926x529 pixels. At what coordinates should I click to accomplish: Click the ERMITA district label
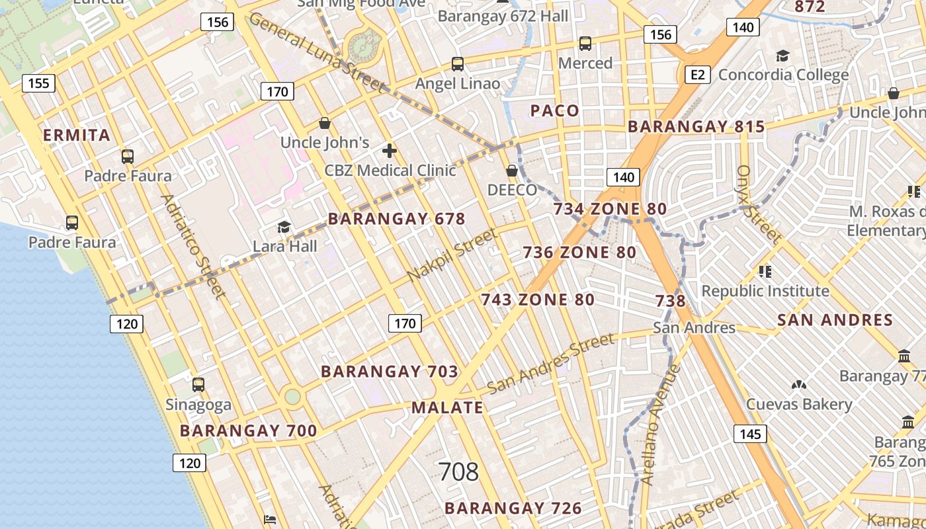point(77,136)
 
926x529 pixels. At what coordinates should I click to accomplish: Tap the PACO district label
point(555,111)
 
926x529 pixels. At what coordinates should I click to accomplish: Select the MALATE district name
point(447,407)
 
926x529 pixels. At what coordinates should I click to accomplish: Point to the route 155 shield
point(38,83)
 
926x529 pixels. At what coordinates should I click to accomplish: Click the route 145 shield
point(749,434)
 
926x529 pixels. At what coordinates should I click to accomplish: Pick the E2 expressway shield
point(697,75)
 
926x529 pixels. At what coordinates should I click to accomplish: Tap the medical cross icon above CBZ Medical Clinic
point(390,151)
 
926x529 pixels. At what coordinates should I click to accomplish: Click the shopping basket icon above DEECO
point(511,171)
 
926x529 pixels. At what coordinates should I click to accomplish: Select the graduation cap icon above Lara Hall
point(284,227)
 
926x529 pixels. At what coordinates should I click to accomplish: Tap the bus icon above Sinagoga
point(198,384)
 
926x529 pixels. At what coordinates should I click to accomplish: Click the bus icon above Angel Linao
point(457,64)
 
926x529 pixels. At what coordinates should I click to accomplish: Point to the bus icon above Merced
point(585,44)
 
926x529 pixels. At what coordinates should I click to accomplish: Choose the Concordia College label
point(783,75)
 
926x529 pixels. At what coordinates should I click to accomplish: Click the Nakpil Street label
point(452,255)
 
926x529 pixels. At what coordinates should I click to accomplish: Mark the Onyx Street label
point(758,204)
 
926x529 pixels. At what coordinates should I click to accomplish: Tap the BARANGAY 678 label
point(397,219)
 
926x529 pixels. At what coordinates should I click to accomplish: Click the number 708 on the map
point(458,471)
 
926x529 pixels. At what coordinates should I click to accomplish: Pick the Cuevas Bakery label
point(799,404)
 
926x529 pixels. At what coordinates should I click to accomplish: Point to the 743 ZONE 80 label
point(538,300)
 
